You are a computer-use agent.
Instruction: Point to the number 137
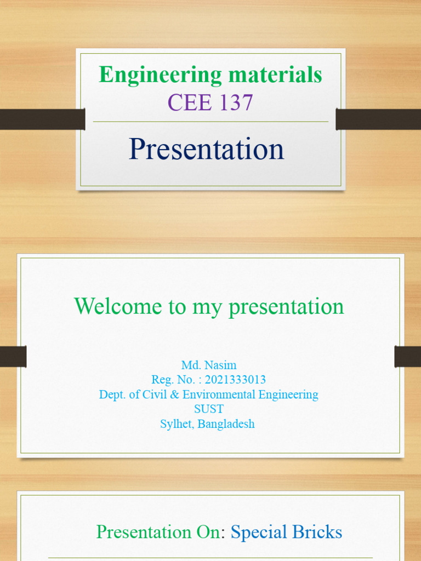click(235, 102)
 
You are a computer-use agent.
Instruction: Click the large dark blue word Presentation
click(207, 149)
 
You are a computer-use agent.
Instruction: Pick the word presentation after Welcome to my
click(286, 307)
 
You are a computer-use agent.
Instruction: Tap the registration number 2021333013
click(235, 380)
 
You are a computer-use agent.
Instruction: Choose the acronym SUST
click(209, 409)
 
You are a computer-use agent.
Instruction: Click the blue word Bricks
click(319, 532)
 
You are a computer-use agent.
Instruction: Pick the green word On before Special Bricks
click(208, 532)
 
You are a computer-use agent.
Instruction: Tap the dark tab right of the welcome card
click(407, 357)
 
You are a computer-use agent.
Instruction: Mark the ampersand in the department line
click(177, 394)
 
